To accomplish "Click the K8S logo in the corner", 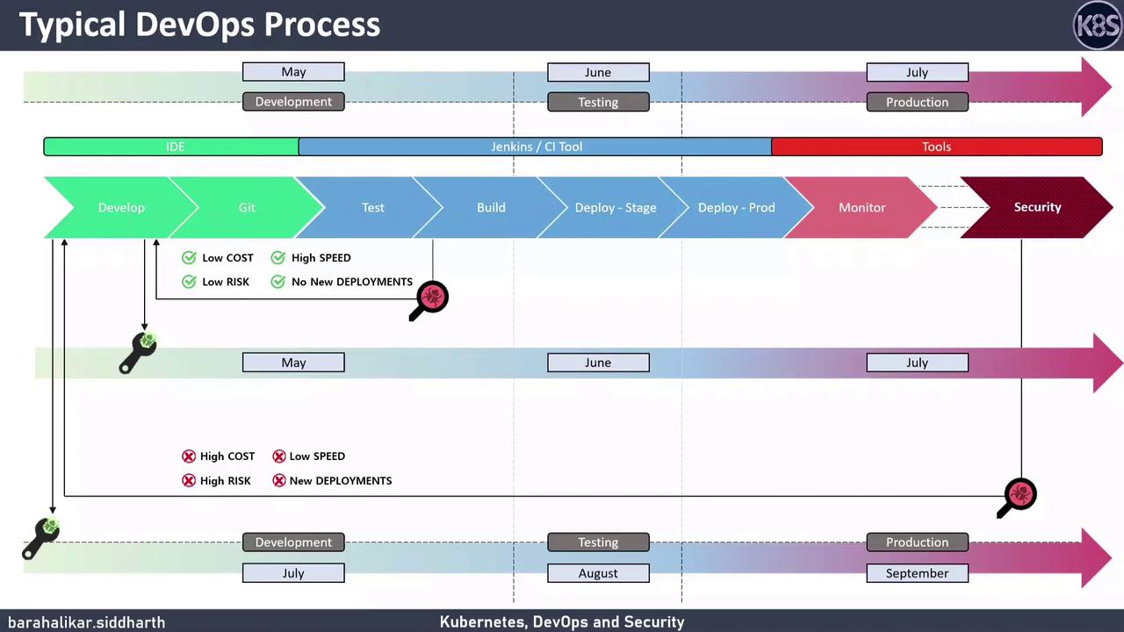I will pos(1098,25).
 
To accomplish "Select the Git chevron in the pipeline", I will pos(247,207).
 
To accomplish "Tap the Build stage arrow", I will pos(491,207).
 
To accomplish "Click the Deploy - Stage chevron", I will pos(615,207).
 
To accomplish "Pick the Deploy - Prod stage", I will pos(736,207).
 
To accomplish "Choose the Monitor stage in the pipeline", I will pos(861,207).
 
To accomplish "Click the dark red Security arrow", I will pos(1037,207).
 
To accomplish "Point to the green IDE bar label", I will pos(175,147).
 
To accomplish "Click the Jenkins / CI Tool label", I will pos(536,147).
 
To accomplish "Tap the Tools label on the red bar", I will pos(936,147).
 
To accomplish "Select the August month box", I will pos(598,573).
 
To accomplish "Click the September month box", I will pos(917,573).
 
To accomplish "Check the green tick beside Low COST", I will pos(189,257).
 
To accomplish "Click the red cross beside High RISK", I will pos(189,480).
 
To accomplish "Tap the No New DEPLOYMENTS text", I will pos(351,282).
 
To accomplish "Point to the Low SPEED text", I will pos(317,456).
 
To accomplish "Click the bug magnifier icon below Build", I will pos(431,298).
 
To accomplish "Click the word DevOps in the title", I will pos(196,25).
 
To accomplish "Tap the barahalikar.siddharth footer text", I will pos(86,622).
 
